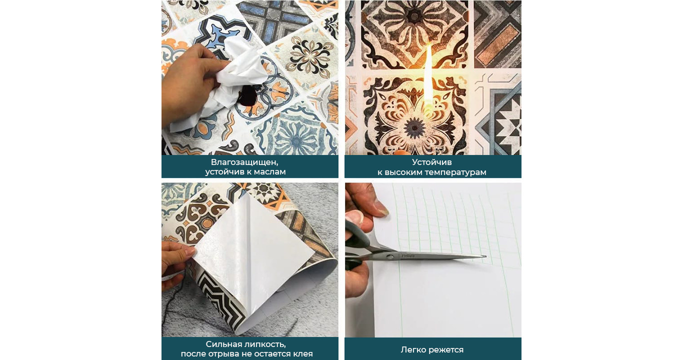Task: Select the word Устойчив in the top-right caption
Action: click(432, 162)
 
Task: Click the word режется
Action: click(446, 350)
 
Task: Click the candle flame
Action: click(428, 77)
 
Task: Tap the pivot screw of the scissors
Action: click(390, 256)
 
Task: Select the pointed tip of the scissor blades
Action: click(485, 256)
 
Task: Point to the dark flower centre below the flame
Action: click(414, 127)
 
